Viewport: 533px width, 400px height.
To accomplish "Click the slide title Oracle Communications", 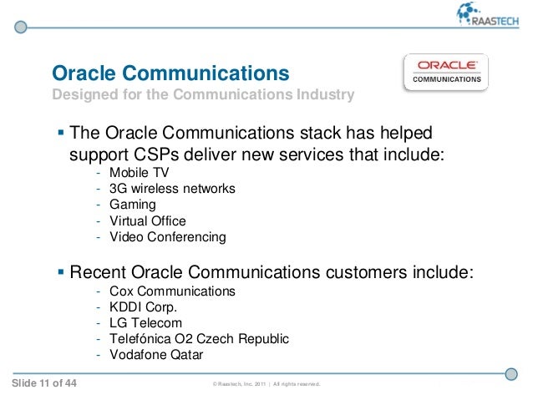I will pyautogui.click(x=170, y=73).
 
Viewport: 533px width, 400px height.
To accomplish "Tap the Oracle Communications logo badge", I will pyautogui.click(x=448, y=73).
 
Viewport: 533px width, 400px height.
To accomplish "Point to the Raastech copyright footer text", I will pyautogui.click(x=266, y=384).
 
